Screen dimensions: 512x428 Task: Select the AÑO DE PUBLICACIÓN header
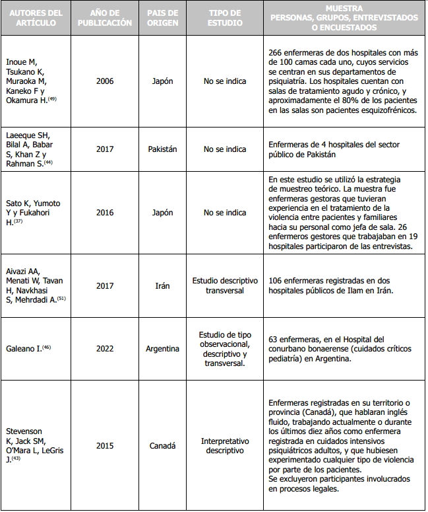(x=105, y=18)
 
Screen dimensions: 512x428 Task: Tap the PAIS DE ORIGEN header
(x=162, y=18)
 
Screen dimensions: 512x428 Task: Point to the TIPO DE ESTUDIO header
(x=224, y=18)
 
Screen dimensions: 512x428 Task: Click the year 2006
(x=105, y=81)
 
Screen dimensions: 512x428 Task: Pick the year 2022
(x=105, y=349)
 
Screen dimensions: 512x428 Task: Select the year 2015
(x=105, y=446)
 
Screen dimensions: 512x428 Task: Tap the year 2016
(x=105, y=213)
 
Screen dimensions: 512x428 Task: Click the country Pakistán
(x=162, y=149)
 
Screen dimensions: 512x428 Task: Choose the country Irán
(x=162, y=286)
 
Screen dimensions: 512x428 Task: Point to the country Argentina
(x=162, y=349)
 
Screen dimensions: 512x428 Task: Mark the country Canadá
(x=162, y=446)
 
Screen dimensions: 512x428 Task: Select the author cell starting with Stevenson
(x=33, y=446)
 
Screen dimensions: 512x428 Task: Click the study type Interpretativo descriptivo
(x=224, y=446)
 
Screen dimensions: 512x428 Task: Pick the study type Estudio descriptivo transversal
(x=224, y=286)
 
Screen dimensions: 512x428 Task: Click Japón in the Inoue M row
(x=162, y=81)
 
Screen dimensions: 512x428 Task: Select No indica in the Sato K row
(x=224, y=213)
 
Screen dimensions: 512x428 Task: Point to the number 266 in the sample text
(x=276, y=52)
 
